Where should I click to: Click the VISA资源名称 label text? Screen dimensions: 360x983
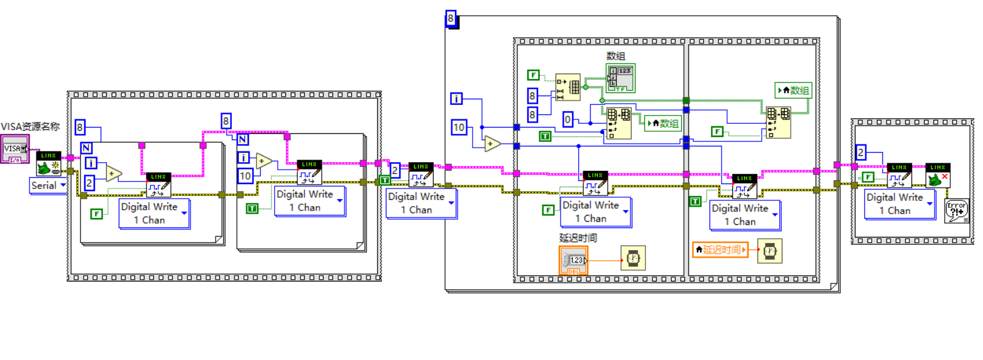(x=30, y=126)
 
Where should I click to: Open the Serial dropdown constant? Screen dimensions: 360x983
(x=48, y=185)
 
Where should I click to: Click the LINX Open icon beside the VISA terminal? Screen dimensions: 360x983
(x=48, y=163)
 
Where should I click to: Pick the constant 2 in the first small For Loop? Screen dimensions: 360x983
(x=90, y=183)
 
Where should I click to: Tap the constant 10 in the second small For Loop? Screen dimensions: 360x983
(x=245, y=175)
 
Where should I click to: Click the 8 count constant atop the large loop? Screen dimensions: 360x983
(x=451, y=19)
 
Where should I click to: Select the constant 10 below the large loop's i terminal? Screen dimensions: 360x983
(x=460, y=128)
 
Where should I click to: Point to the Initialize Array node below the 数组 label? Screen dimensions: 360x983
(x=568, y=87)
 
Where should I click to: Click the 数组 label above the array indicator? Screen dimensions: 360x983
(x=615, y=56)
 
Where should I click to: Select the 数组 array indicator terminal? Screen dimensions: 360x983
(x=620, y=77)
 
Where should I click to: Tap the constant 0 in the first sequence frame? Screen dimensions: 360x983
(x=568, y=119)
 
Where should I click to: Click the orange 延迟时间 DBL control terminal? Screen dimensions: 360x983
(x=573, y=259)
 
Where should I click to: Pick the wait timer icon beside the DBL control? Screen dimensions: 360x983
(x=633, y=258)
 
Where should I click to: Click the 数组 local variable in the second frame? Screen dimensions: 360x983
(x=794, y=90)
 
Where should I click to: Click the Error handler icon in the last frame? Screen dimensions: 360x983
(x=957, y=210)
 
